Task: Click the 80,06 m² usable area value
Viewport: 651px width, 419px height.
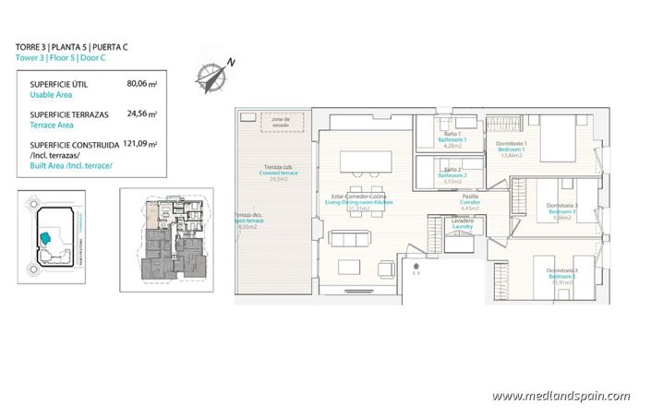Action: [x=141, y=83]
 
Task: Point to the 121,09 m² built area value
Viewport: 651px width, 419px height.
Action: [x=141, y=145]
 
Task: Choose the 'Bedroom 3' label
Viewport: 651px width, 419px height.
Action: [x=561, y=211]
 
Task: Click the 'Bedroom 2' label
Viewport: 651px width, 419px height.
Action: [x=562, y=276]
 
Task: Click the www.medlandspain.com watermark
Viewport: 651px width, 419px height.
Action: [x=561, y=396]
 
